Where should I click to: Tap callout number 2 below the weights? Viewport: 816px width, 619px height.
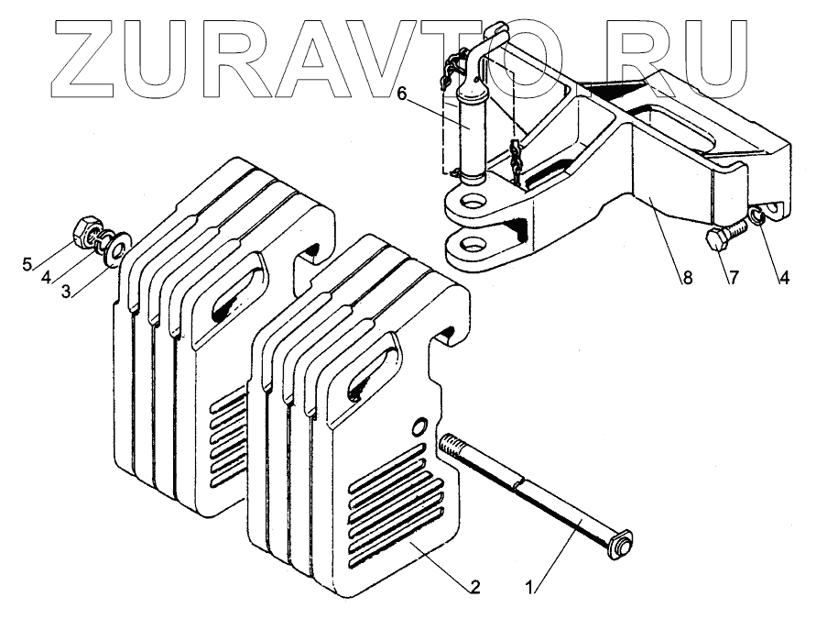click(x=475, y=586)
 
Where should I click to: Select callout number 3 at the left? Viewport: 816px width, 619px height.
click(x=65, y=292)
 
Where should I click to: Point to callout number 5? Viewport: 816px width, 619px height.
click(x=27, y=266)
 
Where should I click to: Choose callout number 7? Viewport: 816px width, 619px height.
click(x=732, y=279)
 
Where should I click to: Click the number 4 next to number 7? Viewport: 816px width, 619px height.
click(x=784, y=279)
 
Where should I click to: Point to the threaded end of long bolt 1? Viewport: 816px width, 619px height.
click(x=451, y=448)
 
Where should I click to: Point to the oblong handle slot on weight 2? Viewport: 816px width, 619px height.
click(x=372, y=371)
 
